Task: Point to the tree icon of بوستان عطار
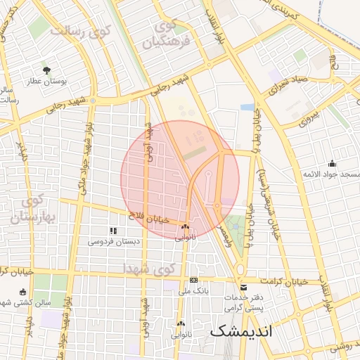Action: (x=46, y=70)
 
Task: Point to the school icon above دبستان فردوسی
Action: (x=112, y=231)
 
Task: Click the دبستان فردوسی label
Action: (x=113, y=241)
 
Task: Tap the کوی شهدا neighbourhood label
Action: (x=147, y=269)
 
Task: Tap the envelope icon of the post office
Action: (x=243, y=287)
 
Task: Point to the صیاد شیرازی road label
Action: (x=286, y=86)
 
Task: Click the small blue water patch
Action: (x=247, y=107)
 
